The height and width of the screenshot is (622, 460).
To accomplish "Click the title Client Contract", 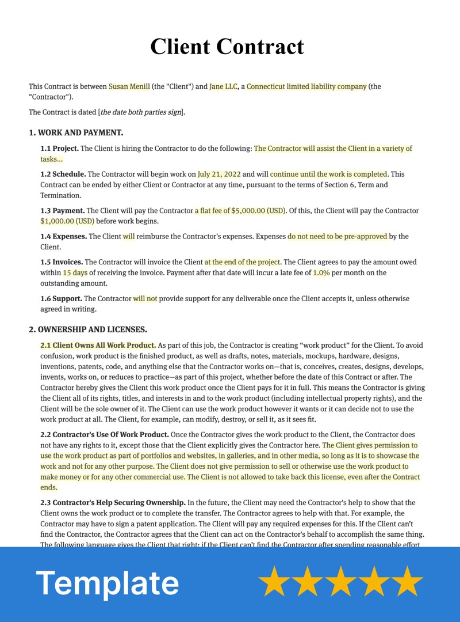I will pyautogui.click(x=227, y=46).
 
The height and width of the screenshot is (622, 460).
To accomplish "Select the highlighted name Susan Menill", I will pyautogui.click(x=129, y=86).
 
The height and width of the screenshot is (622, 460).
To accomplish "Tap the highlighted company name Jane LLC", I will pyautogui.click(x=224, y=86).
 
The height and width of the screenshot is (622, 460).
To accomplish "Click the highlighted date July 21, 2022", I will pyautogui.click(x=219, y=174).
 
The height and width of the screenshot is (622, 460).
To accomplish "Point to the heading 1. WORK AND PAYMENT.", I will pyautogui.click(x=76, y=132).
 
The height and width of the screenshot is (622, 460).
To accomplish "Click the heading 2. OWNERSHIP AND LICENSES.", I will pyautogui.click(x=88, y=329).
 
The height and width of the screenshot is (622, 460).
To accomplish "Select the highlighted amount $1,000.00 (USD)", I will pyautogui.click(x=67, y=221).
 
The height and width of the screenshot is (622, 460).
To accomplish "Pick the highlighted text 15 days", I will pyautogui.click(x=75, y=273).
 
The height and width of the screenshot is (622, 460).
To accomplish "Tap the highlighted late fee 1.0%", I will pyautogui.click(x=321, y=273).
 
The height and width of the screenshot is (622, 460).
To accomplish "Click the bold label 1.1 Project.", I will pyautogui.click(x=60, y=149).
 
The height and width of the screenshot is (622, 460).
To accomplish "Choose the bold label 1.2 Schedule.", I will pyautogui.click(x=63, y=174).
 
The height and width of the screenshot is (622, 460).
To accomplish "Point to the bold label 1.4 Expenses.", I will pyautogui.click(x=64, y=236).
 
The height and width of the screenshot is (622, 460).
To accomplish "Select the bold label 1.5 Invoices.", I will pyautogui.click(x=62, y=262).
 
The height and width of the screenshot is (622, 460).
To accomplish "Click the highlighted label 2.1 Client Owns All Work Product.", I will pyautogui.click(x=98, y=346).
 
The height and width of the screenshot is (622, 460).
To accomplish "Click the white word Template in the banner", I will pyautogui.click(x=108, y=583).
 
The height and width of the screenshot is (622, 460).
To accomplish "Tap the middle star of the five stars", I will pyautogui.click(x=341, y=582).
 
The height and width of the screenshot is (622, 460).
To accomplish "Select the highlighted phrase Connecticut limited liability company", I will pyautogui.click(x=306, y=86).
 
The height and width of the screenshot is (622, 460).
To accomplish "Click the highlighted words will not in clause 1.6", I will pyautogui.click(x=145, y=298).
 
